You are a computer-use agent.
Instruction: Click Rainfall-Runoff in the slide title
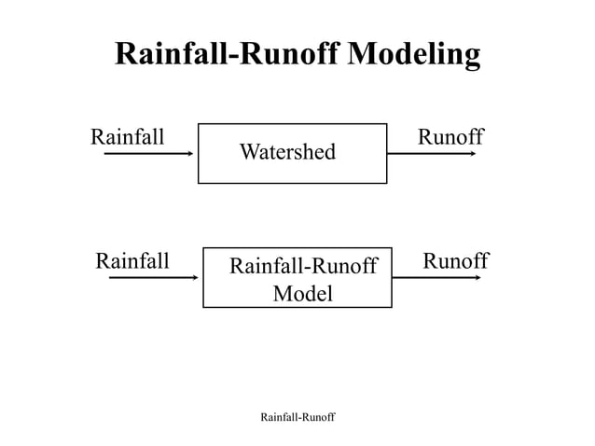[x=228, y=53]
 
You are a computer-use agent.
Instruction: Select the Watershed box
[x=292, y=173]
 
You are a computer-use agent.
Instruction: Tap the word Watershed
[x=287, y=151]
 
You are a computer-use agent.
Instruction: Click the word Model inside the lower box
[x=302, y=294]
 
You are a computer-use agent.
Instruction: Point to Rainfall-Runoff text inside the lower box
[x=302, y=267]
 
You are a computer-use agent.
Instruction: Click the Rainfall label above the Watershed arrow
[x=127, y=137]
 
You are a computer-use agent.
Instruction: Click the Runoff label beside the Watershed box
[x=450, y=137]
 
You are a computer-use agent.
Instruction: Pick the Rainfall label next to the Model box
[x=132, y=260]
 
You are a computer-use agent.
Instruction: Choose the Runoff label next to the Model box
[x=455, y=260]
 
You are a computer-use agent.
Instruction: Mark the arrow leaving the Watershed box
[x=431, y=154]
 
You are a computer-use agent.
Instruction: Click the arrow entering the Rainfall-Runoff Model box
[x=153, y=277]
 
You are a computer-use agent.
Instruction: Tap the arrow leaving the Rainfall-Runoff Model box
[x=436, y=277]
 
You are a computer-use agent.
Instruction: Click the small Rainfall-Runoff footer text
[x=297, y=415]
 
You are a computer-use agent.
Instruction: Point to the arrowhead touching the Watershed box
[x=191, y=154]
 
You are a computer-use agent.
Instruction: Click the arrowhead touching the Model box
[x=196, y=277]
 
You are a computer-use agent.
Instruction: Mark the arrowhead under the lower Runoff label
[x=477, y=277]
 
